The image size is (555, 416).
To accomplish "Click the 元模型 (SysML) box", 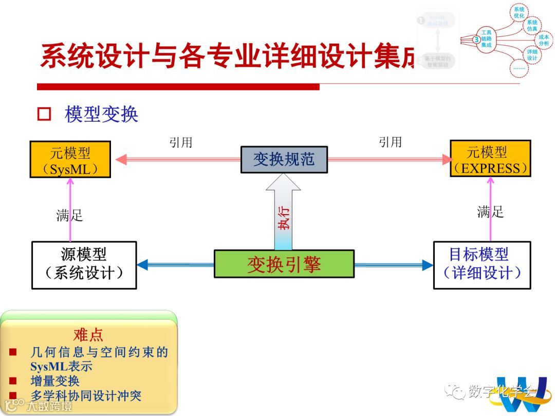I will (x=70, y=160).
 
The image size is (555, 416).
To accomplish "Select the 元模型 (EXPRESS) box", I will (x=490, y=159).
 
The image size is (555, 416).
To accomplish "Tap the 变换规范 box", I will (x=284, y=159).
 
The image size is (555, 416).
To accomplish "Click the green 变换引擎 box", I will (x=284, y=264).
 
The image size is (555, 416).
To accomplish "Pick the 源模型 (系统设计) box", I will (x=84, y=264).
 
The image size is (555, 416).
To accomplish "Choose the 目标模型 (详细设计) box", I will (x=482, y=264).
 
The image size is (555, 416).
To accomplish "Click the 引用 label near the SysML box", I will (x=181, y=142).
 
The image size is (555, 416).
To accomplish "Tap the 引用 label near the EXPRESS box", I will (x=390, y=142).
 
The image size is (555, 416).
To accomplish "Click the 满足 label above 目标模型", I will (x=490, y=212).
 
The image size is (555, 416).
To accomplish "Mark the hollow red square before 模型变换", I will (x=44, y=114).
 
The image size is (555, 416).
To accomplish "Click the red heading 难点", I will (x=88, y=335).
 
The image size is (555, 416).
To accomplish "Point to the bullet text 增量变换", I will (x=55, y=381).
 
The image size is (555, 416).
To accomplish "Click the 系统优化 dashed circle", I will (x=519, y=12).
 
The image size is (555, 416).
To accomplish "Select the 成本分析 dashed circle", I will (x=544, y=40).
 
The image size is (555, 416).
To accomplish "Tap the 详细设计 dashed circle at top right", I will (x=532, y=54).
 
